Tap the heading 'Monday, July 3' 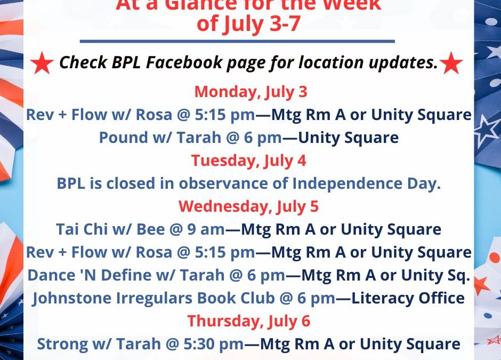250,92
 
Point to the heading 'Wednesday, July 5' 249,206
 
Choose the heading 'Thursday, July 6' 249,321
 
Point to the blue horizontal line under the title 237,41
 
